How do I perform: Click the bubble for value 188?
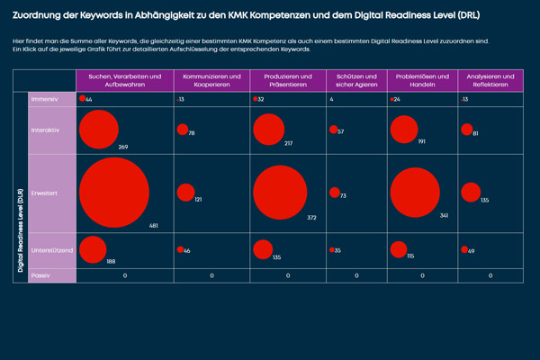click(x=93, y=250)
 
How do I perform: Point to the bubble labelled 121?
click(x=185, y=192)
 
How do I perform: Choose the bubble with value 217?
click(x=268, y=129)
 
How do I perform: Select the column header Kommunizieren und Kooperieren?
click(x=211, y=80)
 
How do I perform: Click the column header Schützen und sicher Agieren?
click(x=356, y=80)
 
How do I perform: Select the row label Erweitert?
click(x=43, y=193)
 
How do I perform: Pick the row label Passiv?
click(x=40, y=275)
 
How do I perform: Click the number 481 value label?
click(x=153, y=226)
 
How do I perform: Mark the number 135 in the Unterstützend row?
click(x=277, y=257)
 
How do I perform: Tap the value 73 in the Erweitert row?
click(x=344, y=195)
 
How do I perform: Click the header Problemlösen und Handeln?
click(x=422, y=80)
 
